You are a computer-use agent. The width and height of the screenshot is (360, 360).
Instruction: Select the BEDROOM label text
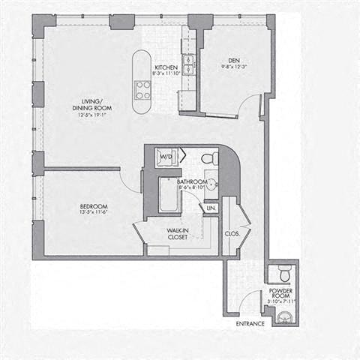(94, 206)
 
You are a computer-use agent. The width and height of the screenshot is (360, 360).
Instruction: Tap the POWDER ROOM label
(282, 292)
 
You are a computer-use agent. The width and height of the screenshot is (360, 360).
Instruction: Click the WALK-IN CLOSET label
(177, 233)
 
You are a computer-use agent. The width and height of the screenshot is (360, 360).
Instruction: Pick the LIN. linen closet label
(211, 206)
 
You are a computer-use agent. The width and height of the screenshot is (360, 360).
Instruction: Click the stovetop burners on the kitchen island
(142, 90)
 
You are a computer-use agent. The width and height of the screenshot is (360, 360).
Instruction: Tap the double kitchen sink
(189, 66)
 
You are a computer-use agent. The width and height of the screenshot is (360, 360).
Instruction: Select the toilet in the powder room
(283, 271)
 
